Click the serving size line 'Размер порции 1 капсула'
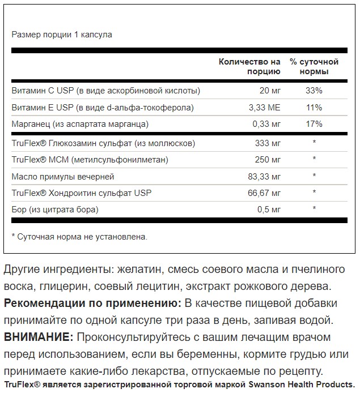pos(62,35)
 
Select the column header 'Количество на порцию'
pos(249,66)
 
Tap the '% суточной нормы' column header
pos(314,66)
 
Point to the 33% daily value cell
pos(314,91)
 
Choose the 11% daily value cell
pos(314,107)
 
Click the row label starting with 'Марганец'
pos(80,123)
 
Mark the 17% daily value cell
pos(314,123)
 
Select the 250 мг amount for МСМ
pos(268,160)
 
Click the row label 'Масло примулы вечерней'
pos(63,177)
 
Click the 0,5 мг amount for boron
pos(269,210)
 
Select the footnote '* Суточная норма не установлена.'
pos(79,236)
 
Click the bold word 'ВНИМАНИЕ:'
pos(39,338)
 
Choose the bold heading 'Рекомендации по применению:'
pos(85,303)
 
